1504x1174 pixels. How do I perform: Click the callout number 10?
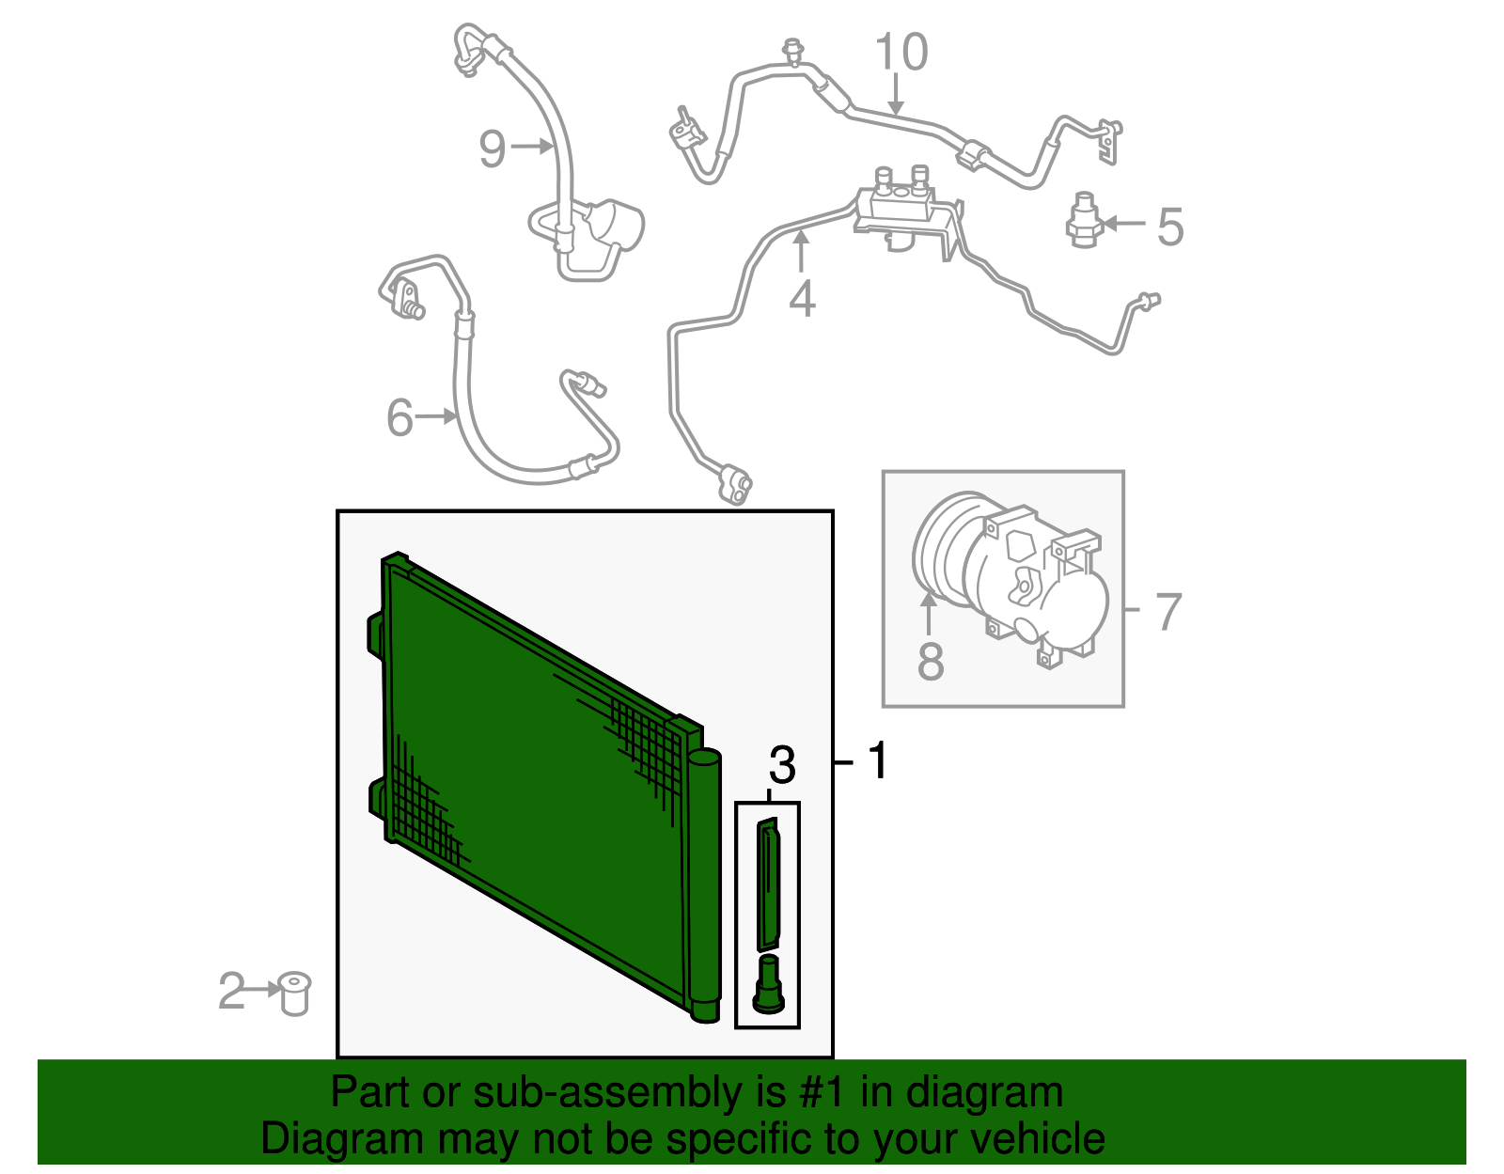(x=901, y=53)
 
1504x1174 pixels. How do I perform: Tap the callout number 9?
(x=493, y=149)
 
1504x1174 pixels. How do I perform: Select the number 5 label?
(x=1169, y=227)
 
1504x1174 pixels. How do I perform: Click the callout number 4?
(x=802, y=299)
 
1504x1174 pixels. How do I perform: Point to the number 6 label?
(x=400, y=417)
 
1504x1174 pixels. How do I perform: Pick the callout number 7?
(x=1167, y=612)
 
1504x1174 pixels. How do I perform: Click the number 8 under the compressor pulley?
(x=930, y=661)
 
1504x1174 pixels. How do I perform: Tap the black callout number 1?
(x=878, y=760)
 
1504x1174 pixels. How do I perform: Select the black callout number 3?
(x=782, y=765)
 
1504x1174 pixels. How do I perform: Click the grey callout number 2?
(x=231, y=992)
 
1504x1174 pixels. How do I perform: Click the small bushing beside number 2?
(x=295, y=995)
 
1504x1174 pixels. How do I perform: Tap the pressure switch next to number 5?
(x=1084, y=221)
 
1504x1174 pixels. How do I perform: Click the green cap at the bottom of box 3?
(x=768, y=986)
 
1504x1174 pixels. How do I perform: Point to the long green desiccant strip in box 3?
(x=769, y=884)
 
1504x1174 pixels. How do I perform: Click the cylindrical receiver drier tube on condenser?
(x=704, y=884)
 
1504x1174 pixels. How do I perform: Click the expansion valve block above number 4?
(x=899, y=202)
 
